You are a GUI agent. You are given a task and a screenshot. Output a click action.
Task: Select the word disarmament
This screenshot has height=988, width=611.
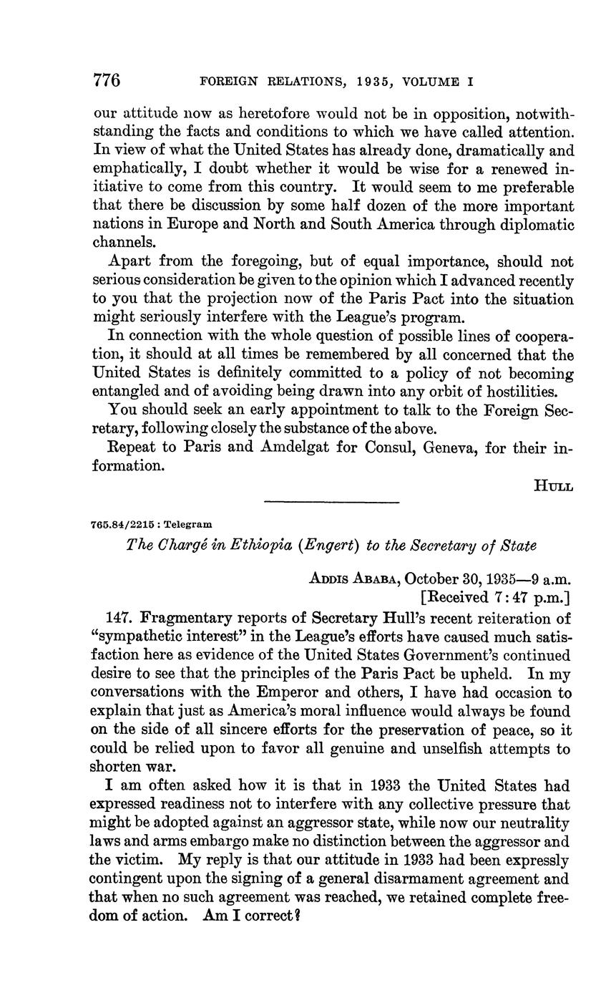pyautogui.click(x=410, y=878)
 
